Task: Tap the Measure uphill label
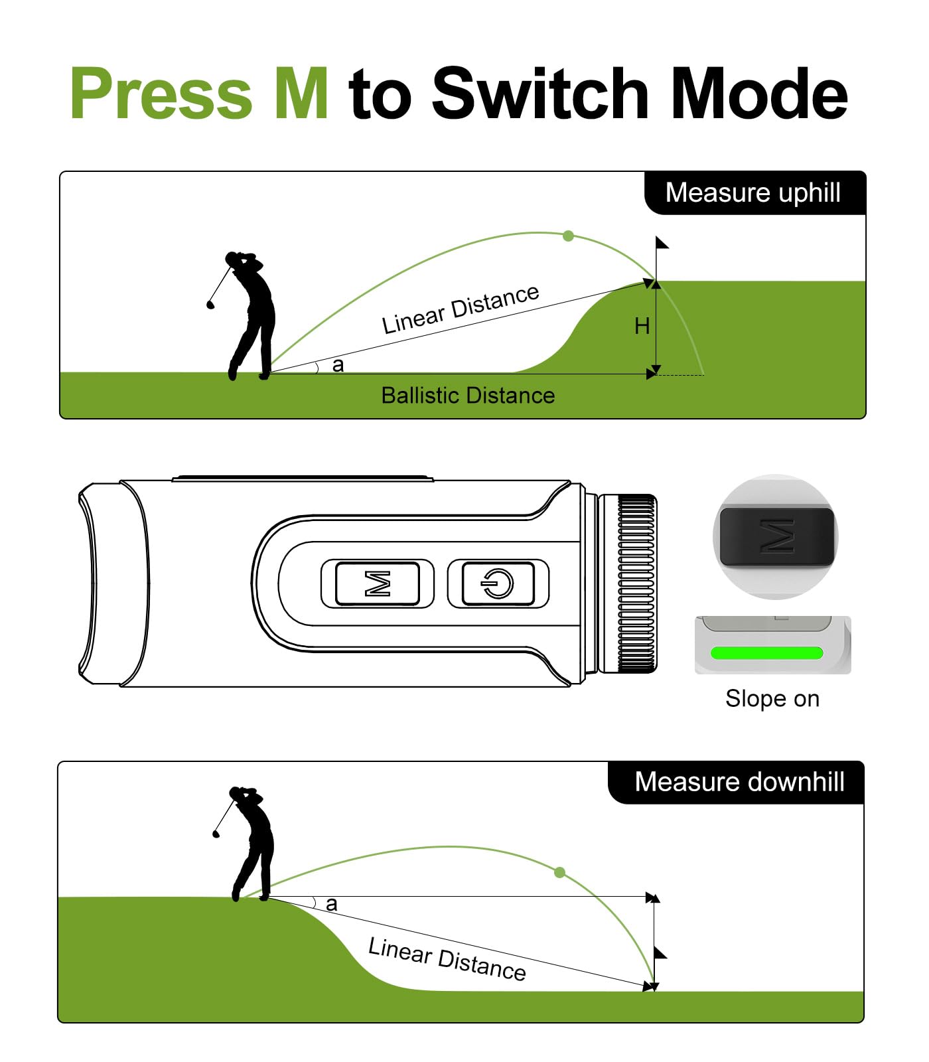[x=752, y=193]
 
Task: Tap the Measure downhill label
[x=739, y=782]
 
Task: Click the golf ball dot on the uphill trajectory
[x=568, y=236]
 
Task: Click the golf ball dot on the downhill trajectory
[x=559, y=872]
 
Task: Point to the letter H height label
[x=642, y=326]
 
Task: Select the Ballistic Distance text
[x=468, y=396]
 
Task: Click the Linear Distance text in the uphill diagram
[x=461, y=309]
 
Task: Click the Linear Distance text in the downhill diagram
[x=447, y=959]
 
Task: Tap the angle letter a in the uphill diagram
[x=338, y=365]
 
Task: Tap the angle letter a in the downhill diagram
[x=332, y=904]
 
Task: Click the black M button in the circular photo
[x=776, y=536]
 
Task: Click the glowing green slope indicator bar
[x=766, y=653]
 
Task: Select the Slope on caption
[x=772, y=699]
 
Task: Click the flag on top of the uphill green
[x=662, y=244]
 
